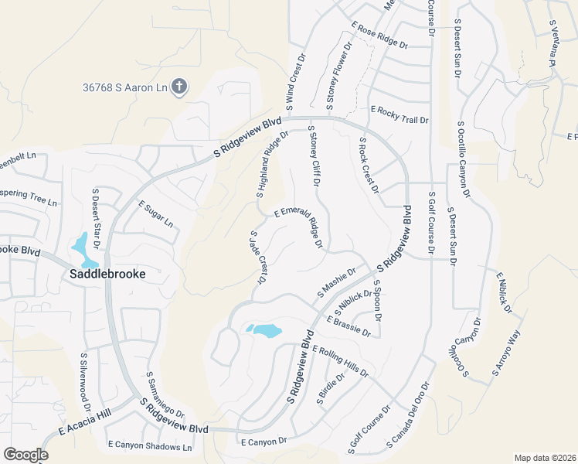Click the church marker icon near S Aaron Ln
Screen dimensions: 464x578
click(179, 86)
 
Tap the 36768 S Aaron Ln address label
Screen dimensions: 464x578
click(125, 88)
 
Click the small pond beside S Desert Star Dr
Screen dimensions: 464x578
click(80, 247)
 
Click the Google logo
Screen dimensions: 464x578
click(25, 455)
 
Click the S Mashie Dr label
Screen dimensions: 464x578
click(336, 283)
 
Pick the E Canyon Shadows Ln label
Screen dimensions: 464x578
click(149, 446)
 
